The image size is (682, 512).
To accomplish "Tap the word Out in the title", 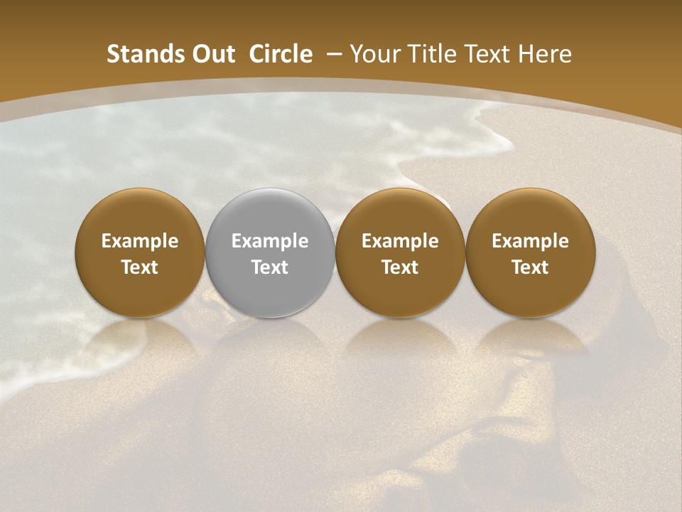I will (x=211, y=54).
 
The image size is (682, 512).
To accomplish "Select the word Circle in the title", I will (x=281, y=54).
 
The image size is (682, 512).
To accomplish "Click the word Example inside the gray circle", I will (x=270, y=241).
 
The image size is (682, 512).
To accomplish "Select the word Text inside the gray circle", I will (x=270, y=267).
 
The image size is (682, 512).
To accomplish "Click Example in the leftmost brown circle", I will (x=140, y=241).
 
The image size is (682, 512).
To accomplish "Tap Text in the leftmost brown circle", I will (x=140, y=267).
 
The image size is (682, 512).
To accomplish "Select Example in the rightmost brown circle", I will (x=530, y=241).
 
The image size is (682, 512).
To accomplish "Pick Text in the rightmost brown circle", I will (x=530, y=267).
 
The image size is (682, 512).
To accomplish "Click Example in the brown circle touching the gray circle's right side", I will (x=400, y=241).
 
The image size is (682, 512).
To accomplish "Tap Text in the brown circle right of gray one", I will (x=400, y=267).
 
